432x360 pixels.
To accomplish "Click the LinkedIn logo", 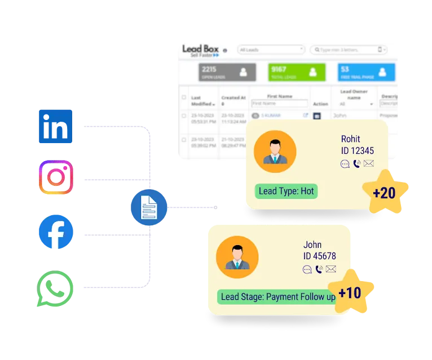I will pyautogui.click(x=55, y=126).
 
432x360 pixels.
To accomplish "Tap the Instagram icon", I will pyautogui.click(x=55, y=179).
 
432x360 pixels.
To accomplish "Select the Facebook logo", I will pyautogui.click(x=55, y=232).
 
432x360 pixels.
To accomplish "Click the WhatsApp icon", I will pyautogui.click(x=55, y=288).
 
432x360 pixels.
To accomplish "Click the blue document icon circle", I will pyautogui.click(x=149, y=208).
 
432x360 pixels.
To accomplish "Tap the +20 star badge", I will pyautogui.click(x=385, y=193).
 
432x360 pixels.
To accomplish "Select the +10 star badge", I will pyautogui.click(x=350, y=293).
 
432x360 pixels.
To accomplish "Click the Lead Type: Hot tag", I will pyautogui.click(x=286, y=191).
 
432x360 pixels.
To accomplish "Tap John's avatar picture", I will pyautogui.click(x=237, y=257).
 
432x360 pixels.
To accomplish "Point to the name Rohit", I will pyautogui.click(x=350, y=139).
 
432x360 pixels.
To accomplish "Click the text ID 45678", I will pyautogui.click(x=319, y=256).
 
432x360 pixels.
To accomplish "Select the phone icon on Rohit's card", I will pyautogui.click(x=357, y=164).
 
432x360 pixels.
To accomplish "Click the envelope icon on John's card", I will pyautogui.click(x=331, y=269).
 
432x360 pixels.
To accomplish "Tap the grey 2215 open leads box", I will pyautogui.click(x=227, y=72).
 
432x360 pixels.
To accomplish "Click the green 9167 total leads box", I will pyautogui.click(x=297, y=72).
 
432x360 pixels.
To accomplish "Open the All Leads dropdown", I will pyautogui.click(x=271, y=50).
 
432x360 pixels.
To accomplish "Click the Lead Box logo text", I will pyautogui.click(x=200, y=49).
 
